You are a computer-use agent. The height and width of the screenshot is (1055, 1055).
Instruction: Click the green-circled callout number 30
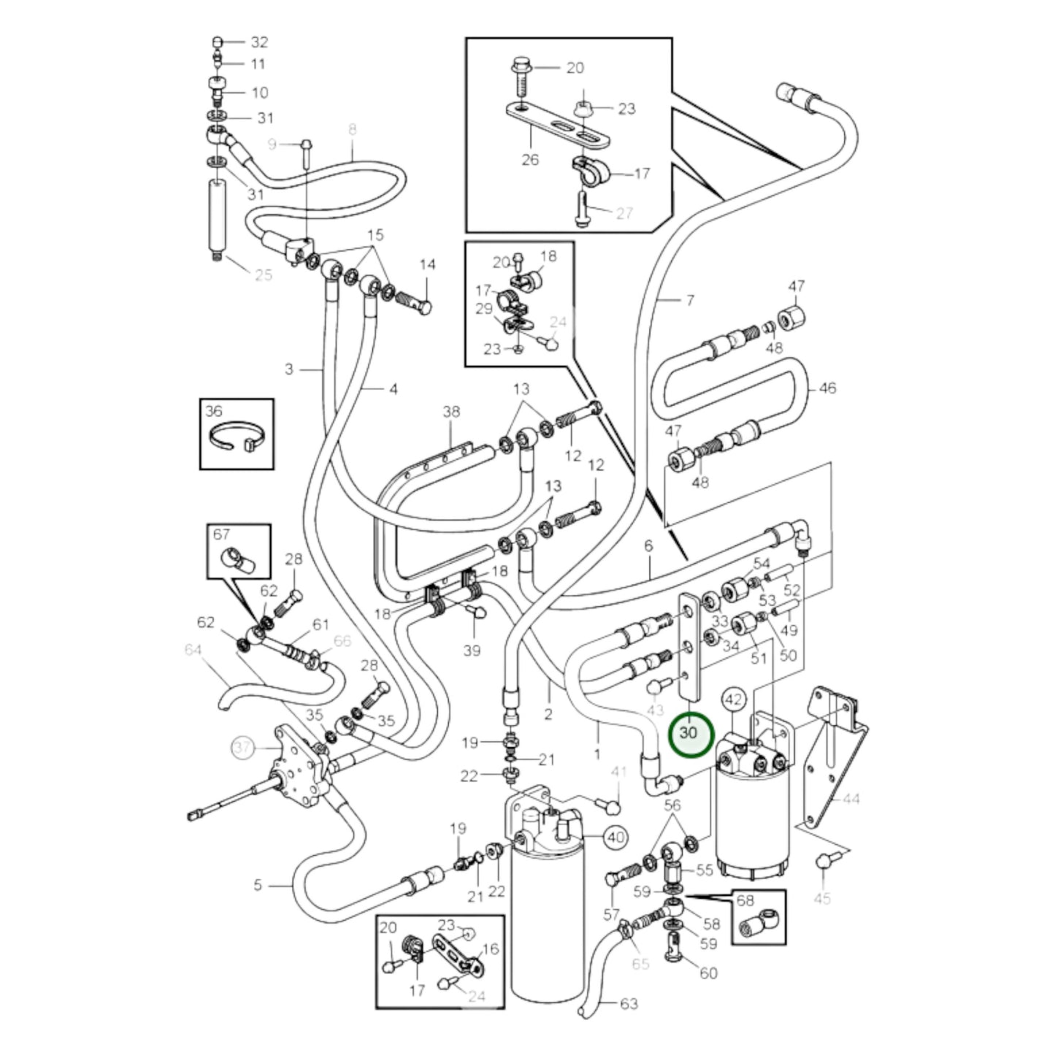(690, 733)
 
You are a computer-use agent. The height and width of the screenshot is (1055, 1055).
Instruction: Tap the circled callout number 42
(733, 700)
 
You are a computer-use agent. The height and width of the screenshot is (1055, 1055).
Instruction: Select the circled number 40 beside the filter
(616, 837)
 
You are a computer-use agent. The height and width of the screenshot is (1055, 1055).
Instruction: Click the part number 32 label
(259, 42)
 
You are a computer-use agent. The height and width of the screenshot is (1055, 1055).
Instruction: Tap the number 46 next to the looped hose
(826, 388)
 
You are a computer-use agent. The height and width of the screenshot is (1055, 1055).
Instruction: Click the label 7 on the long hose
(689, 300)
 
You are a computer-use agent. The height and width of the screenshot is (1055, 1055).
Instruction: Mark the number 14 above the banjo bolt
(427, 264)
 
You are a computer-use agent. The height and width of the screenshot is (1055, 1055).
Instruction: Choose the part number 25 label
(263, 275)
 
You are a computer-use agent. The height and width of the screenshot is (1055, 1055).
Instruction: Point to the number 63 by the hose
(628, 1004)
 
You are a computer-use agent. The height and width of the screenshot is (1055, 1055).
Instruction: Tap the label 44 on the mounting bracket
(851, 799)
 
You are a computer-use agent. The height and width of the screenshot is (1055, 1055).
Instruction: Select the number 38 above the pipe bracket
(451, 412)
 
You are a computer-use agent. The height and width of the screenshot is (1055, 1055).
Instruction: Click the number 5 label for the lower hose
(258, 885)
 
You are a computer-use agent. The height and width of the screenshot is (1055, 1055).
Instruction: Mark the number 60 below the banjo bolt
(708, 973)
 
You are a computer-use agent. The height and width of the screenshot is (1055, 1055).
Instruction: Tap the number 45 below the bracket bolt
(822, 898)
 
